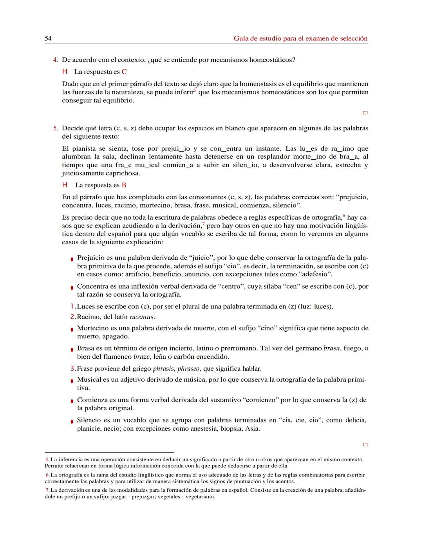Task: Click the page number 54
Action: coord(48,38)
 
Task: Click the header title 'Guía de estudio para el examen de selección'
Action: coord(300,38)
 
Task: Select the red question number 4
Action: coord(56,60)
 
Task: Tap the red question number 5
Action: coord(56,128)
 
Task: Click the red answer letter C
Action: coord(124,72)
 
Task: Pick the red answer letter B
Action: coord(124,185)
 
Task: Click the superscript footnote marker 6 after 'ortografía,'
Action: coord(344,216)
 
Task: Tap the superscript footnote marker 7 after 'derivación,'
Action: coord(203,224)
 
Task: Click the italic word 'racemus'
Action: coord(142,317)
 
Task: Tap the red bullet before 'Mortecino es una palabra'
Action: coord(72,329)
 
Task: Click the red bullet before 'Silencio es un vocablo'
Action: coord(72,421)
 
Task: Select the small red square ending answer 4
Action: coord(365,113)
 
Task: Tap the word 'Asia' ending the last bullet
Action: coord(252,428)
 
